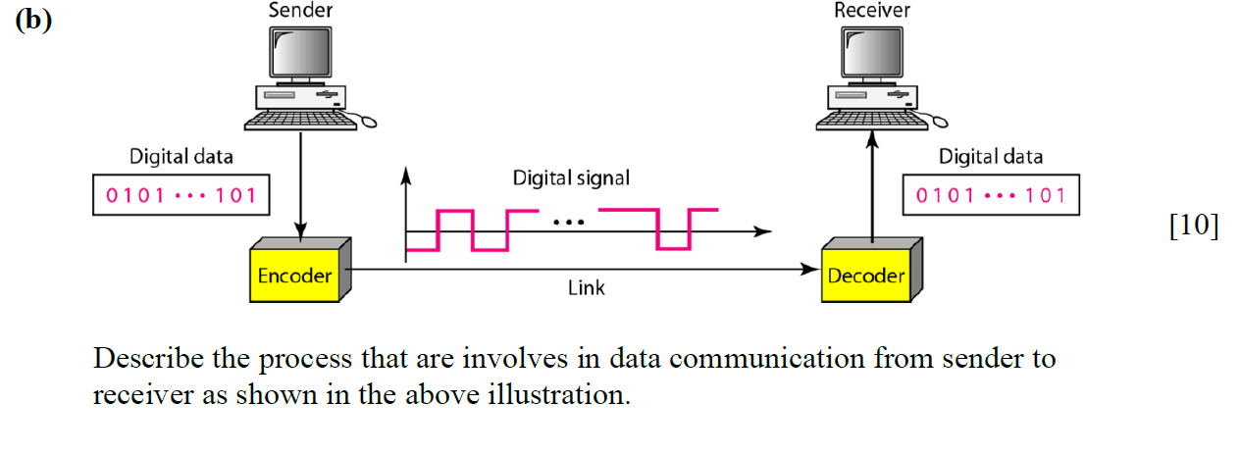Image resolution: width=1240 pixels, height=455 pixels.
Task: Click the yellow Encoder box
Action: click(x=294, y=276)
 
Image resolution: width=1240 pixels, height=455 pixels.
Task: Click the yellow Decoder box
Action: click(x=866, y=276)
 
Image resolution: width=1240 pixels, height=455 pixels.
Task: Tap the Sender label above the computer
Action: click(x=300, y=11)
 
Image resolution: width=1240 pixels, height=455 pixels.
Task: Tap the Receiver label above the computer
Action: click(x=872, y=11)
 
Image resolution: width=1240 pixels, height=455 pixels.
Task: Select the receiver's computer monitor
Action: click(x=872, y=52)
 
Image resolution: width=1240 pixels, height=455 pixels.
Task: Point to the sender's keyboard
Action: click(x=299, y=120)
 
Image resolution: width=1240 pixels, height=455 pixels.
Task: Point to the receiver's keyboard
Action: click(x=872, y=120)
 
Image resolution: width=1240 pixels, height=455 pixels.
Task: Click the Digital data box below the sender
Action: click(x=181, y=195)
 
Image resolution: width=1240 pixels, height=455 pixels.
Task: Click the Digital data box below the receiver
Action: click(x=991, y=195)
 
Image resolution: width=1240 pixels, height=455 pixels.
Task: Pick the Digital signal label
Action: click(x=571, y=178)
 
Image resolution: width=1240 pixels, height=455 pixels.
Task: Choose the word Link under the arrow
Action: click(x=587, y=288)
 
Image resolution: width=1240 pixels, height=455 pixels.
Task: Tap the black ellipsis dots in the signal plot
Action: click(x=569, y=223)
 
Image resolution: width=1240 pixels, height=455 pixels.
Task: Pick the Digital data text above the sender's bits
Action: click(x=181, y=157)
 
